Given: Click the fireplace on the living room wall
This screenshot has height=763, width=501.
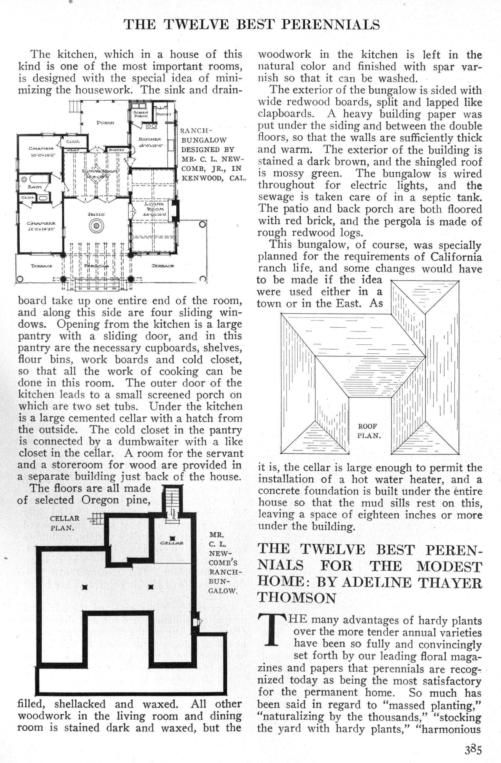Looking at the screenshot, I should coord(175,211).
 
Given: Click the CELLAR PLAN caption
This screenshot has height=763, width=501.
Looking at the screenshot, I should coord(64,523).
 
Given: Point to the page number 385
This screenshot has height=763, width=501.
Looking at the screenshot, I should coord(473,750).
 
